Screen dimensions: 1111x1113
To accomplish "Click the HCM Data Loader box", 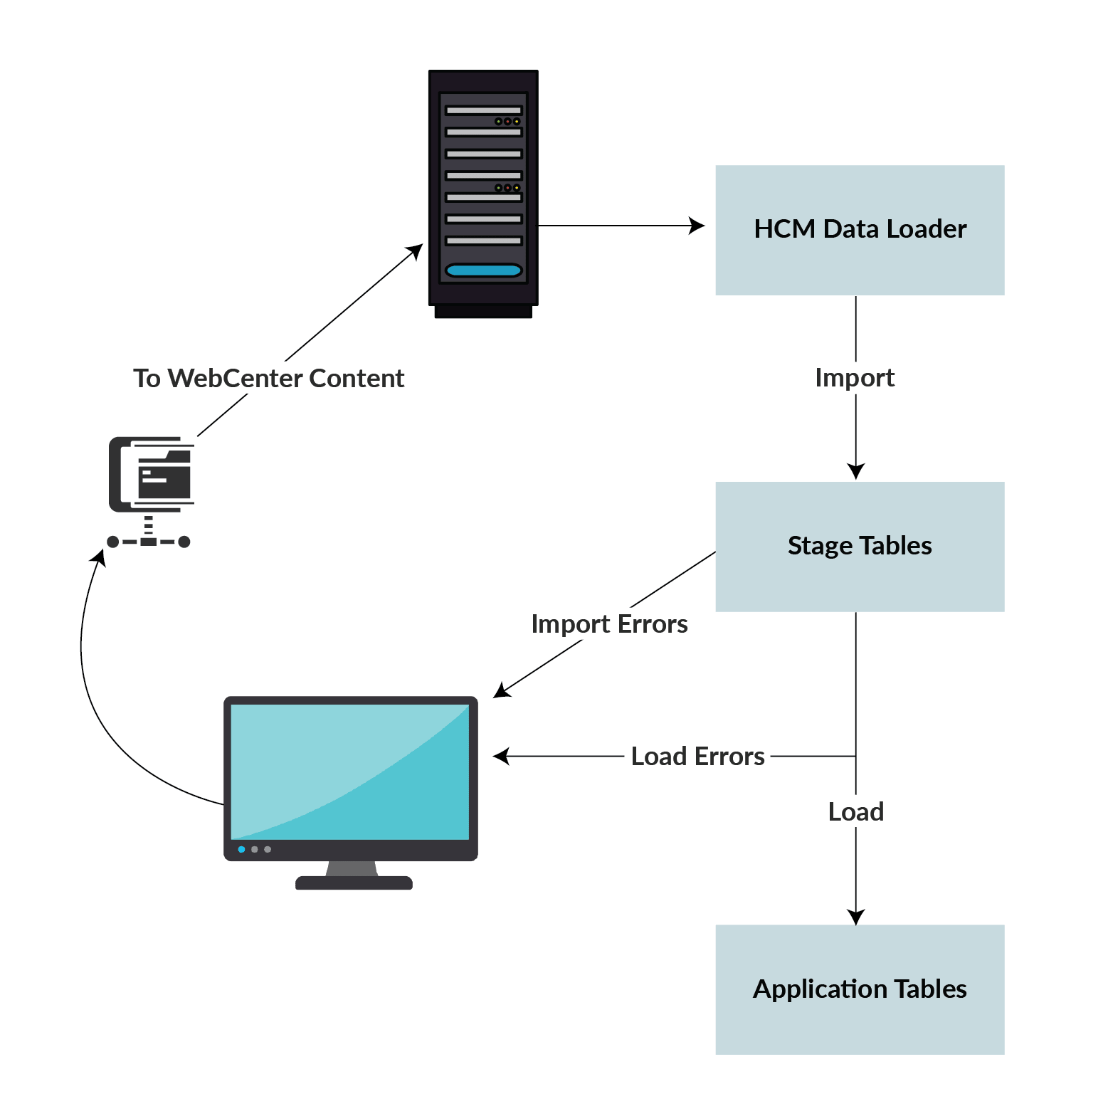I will [859, 230].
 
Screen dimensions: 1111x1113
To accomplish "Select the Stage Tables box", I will [859, 546].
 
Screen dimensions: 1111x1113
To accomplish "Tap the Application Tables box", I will [859, 989].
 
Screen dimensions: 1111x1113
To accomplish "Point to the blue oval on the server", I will [483, 270].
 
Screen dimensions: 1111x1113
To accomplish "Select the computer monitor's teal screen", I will [350, 772].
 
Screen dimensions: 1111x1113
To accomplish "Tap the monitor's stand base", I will [354, 883].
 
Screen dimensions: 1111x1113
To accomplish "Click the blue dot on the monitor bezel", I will [241, 849].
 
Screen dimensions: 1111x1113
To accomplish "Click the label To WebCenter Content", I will [268, 378].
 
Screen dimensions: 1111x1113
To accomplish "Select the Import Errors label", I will [609, 623].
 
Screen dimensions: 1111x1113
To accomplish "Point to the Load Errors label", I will [697, 756].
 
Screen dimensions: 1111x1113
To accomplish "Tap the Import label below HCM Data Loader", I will [855, 377].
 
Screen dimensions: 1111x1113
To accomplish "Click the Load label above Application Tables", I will [855, 811].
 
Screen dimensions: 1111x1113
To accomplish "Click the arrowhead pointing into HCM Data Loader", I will [697, 226].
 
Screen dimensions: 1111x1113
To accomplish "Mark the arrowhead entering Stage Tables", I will [855, 471].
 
